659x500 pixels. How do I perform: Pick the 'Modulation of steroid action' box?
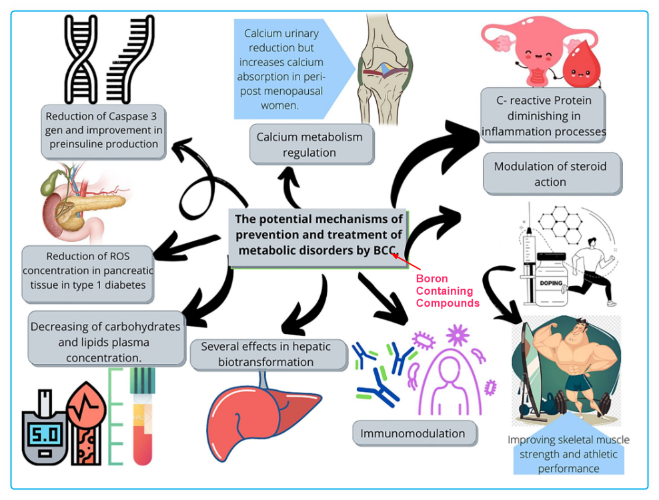[x=550, y=174]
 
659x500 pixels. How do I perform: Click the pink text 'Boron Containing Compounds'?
[x=447, y=291]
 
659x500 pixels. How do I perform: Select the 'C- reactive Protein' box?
[x=543, y=115]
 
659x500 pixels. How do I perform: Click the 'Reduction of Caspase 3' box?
[x=103, y=131]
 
